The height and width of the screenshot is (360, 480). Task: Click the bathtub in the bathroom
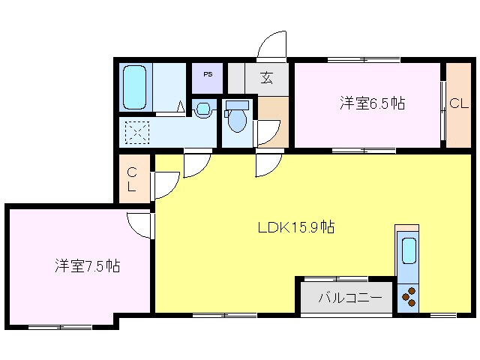(x=134, y=87)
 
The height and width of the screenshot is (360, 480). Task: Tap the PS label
(x=208, y=75)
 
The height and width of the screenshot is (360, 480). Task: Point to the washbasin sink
(x=202, y=109)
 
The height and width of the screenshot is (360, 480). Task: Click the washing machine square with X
(x=137, y=133)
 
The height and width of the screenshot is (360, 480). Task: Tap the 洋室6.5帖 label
(x=372, y=104)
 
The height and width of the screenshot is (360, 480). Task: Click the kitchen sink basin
(x=408, y=251)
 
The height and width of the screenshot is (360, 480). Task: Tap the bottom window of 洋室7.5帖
(x=60, y=326)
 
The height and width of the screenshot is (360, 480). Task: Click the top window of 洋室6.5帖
(x=363, y=59)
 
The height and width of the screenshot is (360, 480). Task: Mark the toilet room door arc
(x=266, y=133)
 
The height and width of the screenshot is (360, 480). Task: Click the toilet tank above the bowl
(x=237, y=104)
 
